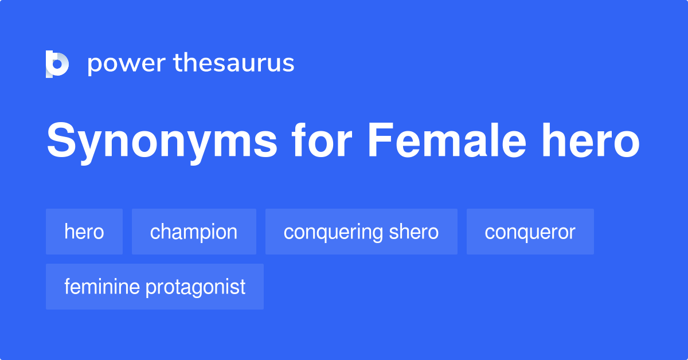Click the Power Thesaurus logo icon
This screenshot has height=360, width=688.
(57, 64)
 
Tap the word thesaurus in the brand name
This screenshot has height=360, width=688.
(234, 62)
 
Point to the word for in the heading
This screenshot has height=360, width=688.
(322, 140)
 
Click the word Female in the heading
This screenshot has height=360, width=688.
(447, 140)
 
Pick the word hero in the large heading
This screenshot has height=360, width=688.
(591, 140)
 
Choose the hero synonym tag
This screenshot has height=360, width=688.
(84, 232)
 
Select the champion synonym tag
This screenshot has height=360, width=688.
(194, 232)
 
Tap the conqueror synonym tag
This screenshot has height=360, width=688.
(530, 232)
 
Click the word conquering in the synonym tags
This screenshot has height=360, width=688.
(333, 233)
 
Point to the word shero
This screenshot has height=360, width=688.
(414, 232)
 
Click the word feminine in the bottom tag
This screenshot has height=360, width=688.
(102, 287)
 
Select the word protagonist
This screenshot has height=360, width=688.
(196, 288)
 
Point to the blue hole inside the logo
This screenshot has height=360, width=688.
(57, 64)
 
